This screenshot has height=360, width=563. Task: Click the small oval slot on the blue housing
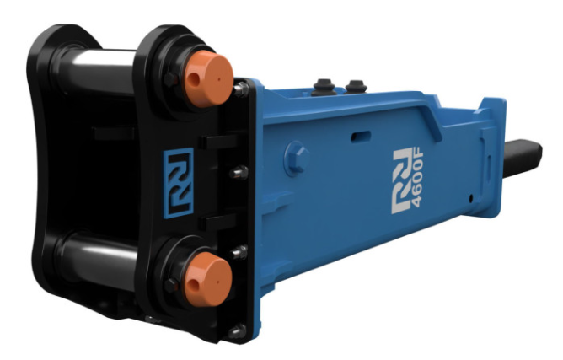[360, 135]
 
